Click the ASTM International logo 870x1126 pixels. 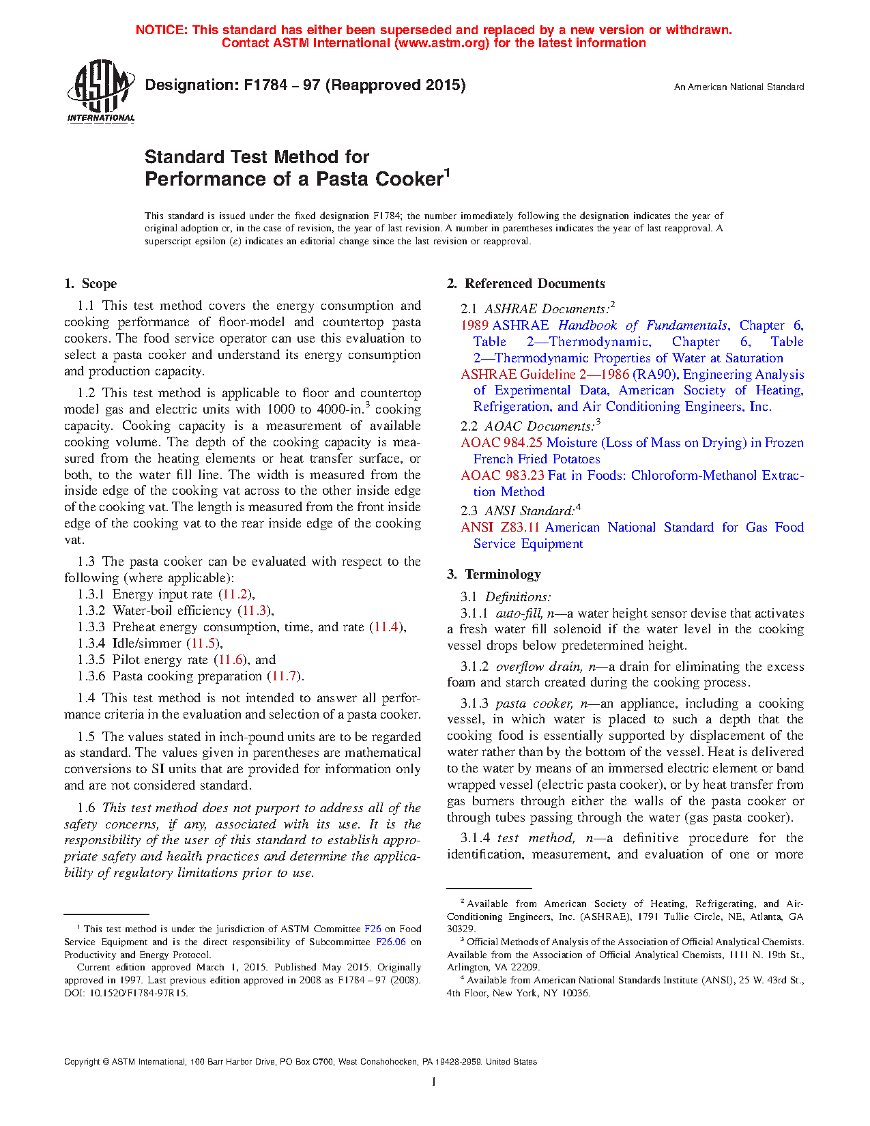100,91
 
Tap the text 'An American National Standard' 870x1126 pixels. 738,87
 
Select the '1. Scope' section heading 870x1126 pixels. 91,284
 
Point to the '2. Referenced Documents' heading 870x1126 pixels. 526,284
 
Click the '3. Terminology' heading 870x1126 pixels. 494,575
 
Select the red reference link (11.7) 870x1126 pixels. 284,676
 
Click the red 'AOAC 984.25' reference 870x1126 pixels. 502,443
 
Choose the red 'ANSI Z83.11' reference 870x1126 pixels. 500,528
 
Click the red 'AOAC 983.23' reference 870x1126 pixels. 502,476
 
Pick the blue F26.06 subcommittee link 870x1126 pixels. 391,942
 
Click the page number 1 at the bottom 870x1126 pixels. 434,1081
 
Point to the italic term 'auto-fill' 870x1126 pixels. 519,613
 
